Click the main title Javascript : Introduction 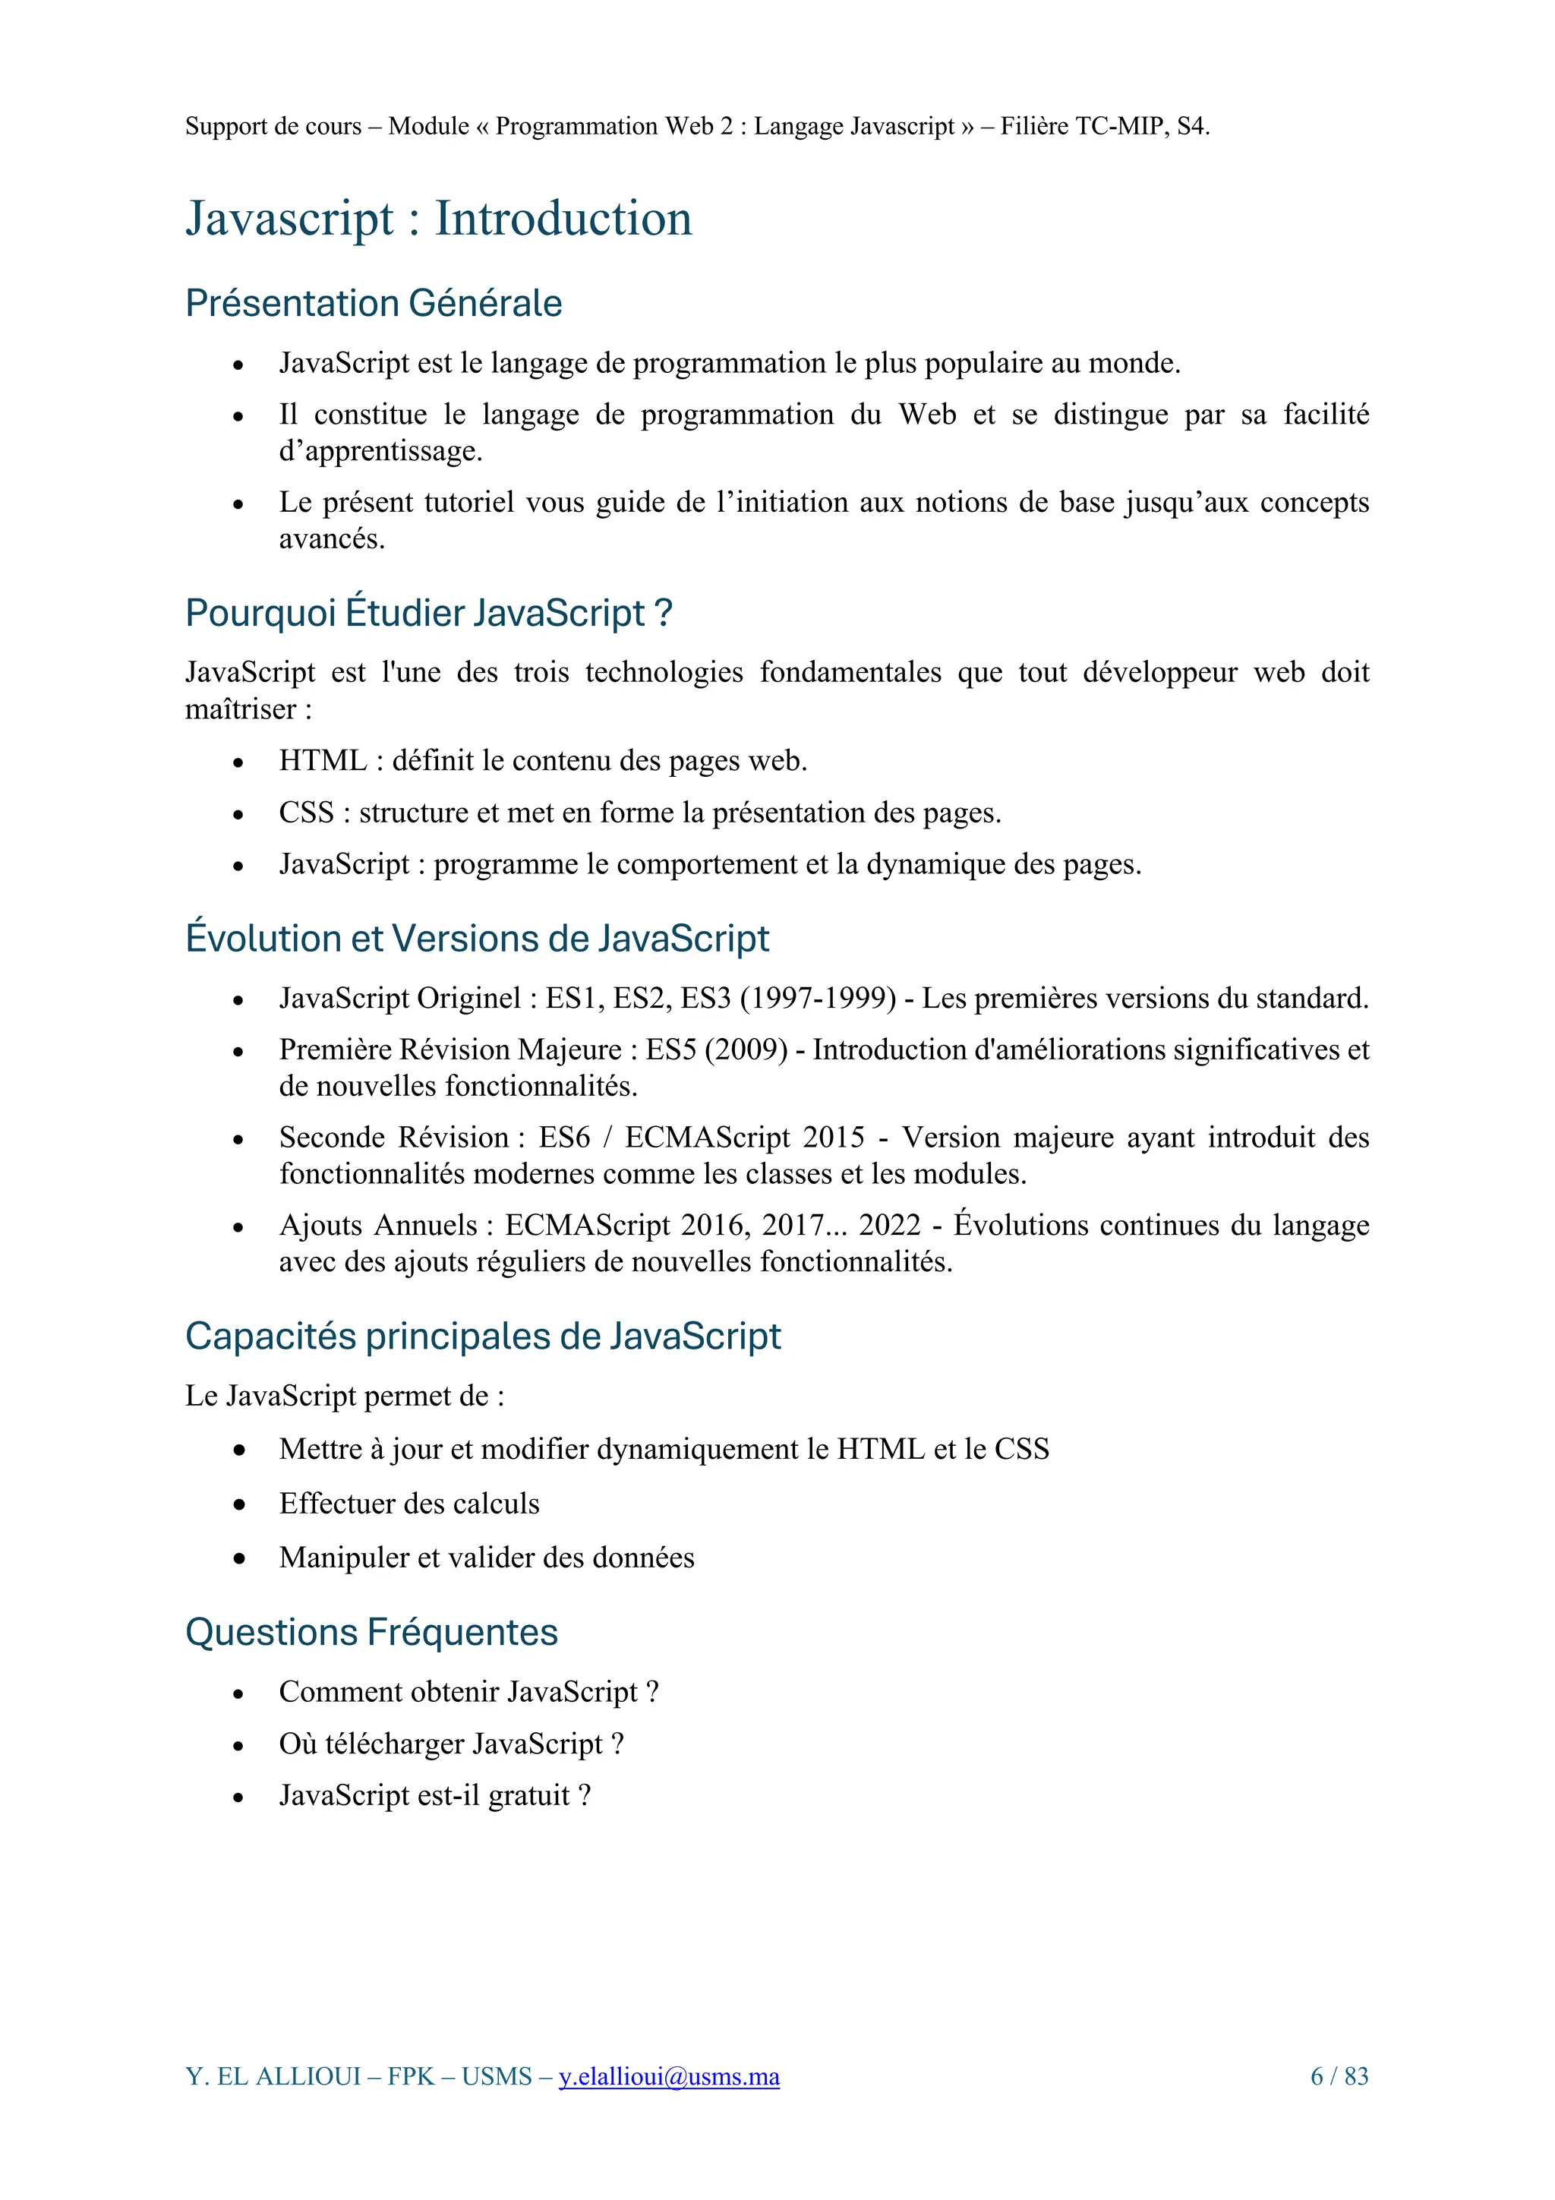tap(438, 219)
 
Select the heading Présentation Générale tap(373, 303)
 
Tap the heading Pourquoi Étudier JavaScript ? tap(428, 614)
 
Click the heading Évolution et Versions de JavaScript tap(476, 938)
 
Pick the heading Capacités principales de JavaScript tap(482, 1336)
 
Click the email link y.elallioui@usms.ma tap(669, 2075)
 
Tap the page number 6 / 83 tap(1339, 2075)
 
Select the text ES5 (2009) tap(716, 1050)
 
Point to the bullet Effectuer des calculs tap(409, 1504)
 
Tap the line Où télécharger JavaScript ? tap(450, 1743)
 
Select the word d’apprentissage tap(380, 451)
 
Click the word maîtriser tap(239, 710)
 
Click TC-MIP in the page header tap(1121, 127)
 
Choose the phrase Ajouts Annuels tap(377, 1226)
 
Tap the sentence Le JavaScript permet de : tap(344, 1396)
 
